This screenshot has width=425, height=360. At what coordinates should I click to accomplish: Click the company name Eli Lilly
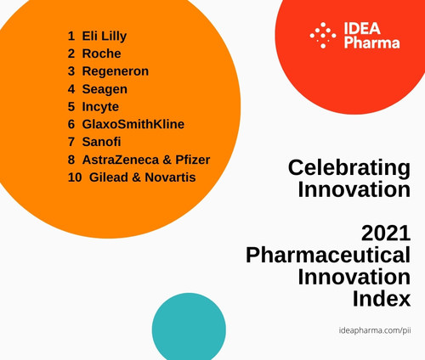coord(105,37)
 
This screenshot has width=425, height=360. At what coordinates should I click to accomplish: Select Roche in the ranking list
coord(101,53)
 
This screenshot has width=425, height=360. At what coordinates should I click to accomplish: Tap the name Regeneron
coord(115,71)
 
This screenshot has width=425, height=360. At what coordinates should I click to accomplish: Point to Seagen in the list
coord(105,89)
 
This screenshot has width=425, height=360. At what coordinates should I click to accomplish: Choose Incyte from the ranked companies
coord(100,107)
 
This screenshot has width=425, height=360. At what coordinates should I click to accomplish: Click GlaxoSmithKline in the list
coord(133,124)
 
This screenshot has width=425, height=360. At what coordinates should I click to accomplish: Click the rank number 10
coord(75,177)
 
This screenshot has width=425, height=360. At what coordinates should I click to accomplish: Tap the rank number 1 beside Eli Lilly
coord(72,37)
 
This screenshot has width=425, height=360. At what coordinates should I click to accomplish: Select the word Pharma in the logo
coord(371,43)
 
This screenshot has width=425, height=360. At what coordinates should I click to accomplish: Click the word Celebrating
coord(348,167)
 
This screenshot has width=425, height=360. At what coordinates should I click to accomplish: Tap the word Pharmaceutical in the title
coord(327,255)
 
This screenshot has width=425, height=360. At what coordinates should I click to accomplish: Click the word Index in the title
coord(381,298)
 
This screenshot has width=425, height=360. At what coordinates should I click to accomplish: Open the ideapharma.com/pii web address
coord(375,329)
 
